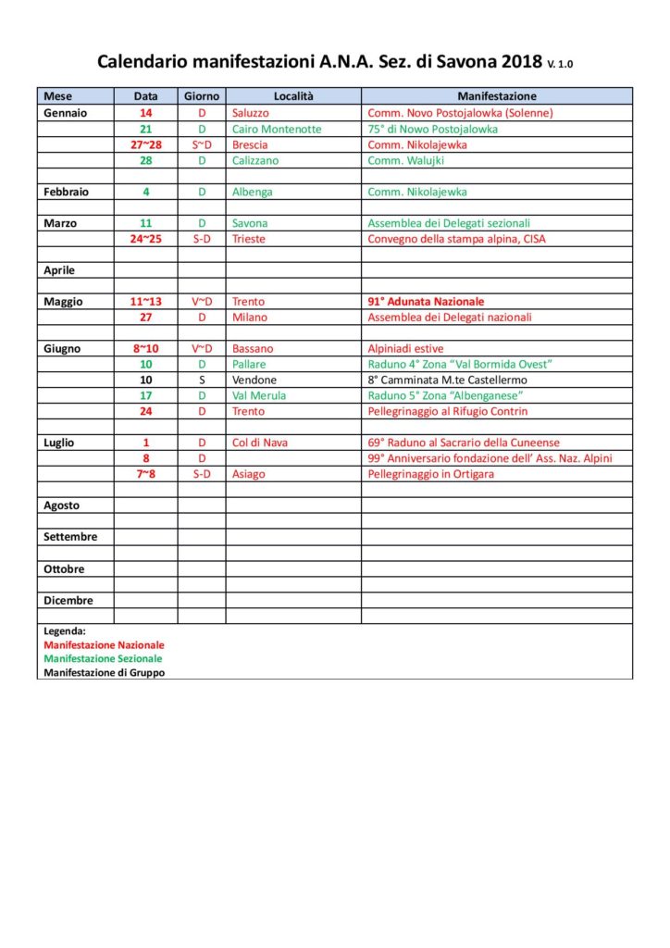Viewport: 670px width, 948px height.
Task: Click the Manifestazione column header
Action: tap(497, 96)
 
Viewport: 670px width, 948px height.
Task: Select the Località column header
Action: tap(294, 96)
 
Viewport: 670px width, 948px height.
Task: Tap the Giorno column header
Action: tap(202, 96)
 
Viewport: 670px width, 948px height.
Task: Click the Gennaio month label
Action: tap(66, 113)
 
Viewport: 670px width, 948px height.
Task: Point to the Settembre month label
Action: tap(70, 537)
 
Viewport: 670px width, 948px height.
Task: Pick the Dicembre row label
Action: tap(68, 600)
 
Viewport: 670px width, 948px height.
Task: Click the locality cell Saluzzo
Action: tap(251, 113)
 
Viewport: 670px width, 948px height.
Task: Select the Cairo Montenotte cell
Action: tap(277, 129)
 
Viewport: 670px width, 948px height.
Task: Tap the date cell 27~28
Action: tap(146, 144)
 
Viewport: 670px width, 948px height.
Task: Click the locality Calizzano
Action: tap(255, 160)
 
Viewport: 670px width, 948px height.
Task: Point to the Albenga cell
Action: tap(252, 192)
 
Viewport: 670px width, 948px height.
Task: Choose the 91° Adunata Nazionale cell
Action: tap(426, 302)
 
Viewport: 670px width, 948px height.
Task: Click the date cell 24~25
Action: tap(146, 239)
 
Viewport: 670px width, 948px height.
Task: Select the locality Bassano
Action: tap(253, 349)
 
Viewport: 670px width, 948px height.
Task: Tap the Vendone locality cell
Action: tap(254, 380)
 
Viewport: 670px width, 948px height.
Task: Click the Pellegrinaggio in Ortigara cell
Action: tap(431, 474)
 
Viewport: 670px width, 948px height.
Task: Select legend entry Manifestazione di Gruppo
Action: tap(105, 673)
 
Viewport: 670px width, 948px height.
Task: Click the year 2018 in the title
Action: tap(522, 62)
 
